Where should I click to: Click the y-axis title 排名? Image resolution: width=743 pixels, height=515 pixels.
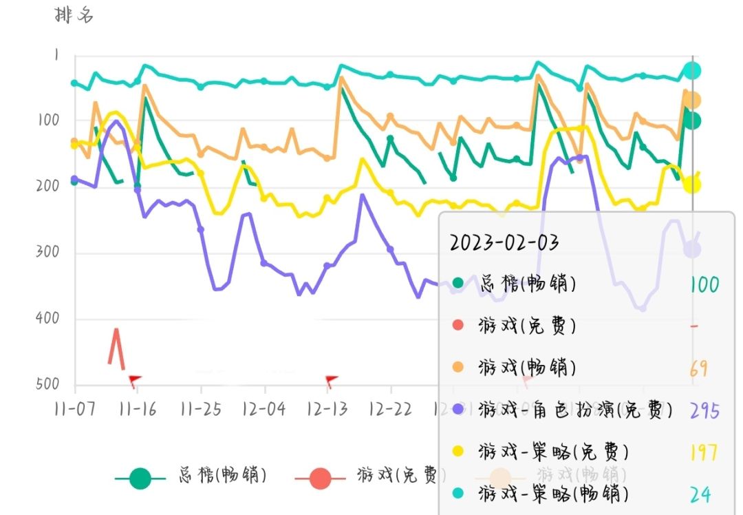click(x=74, y=15)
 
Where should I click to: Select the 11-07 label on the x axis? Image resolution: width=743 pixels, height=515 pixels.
click(x=74, y=408)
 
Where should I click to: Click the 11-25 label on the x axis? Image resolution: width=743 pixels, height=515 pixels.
click(x=200, y=408)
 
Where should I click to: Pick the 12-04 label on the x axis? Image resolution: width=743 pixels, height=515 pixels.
click(x=263, y=408)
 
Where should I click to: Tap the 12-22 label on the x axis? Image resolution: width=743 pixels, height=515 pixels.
click(x=390, y=408)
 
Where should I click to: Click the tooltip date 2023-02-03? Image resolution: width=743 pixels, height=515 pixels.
click(x=504, y=242)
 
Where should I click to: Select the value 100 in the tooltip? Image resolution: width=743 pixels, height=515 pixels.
click(x=704, y=284)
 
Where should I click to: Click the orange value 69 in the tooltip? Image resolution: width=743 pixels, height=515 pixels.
click(x=698, y=368)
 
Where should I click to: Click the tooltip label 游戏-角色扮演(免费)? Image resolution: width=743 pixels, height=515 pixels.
click(x=574, y=410)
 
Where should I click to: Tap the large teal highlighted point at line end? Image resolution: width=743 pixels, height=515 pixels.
click(x=692, y=70)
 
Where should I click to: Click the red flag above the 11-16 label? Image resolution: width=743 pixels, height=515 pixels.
click(x=134, y=379)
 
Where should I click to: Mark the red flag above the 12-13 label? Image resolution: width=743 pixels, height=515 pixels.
click(x=331, y=379)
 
